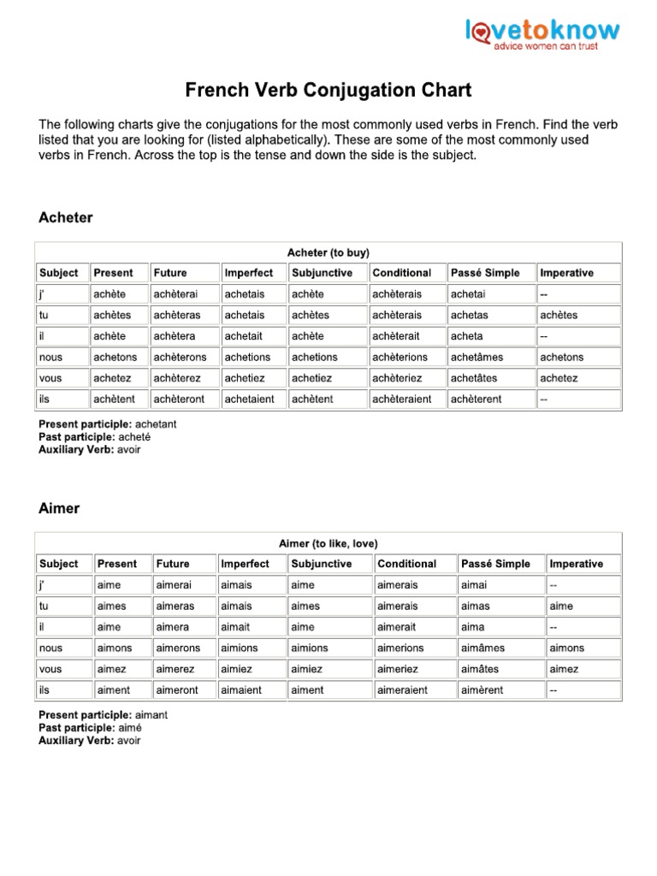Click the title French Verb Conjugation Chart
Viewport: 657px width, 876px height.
[328, 90]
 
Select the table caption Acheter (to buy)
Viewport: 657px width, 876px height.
[328, 252]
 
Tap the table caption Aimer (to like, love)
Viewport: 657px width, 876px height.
[328, 543]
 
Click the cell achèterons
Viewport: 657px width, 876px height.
[179, 357]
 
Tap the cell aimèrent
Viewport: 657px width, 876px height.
[482, 690]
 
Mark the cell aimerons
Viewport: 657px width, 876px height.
[178, 648]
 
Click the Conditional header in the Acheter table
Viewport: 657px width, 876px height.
[402, 273]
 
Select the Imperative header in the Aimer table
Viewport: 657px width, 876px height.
[576, 564]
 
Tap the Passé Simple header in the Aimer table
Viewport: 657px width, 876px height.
[495, 564]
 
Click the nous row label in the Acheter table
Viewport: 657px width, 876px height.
[51, 357]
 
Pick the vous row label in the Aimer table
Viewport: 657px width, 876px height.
[51, 669]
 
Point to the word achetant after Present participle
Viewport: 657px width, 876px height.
[157, 424]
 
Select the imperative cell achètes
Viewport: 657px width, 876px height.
[559, 315]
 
